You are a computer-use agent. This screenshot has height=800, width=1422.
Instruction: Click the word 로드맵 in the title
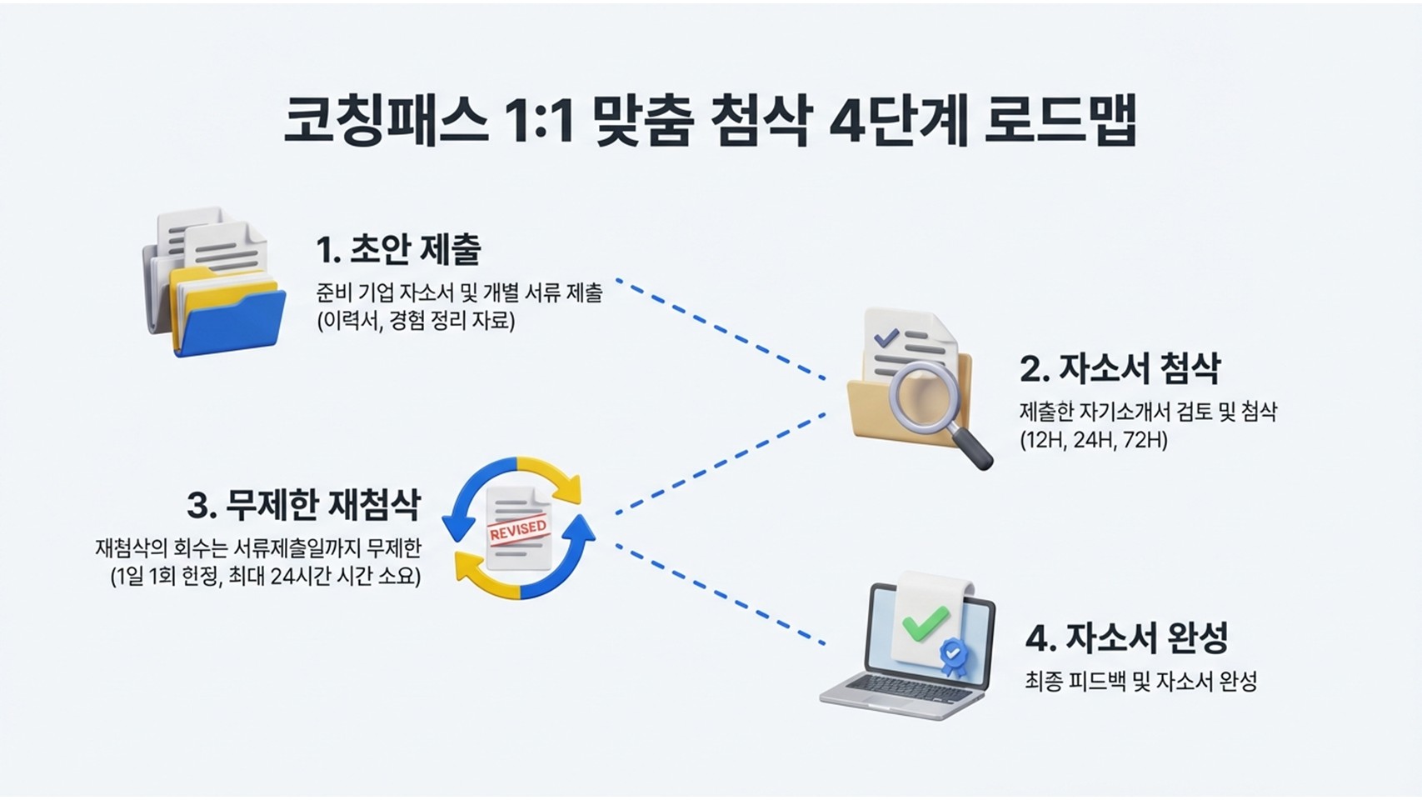coord(1060,122)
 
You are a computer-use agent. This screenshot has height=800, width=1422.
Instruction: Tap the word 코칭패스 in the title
coord(386,122)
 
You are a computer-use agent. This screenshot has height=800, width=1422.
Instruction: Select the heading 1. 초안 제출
coord(398,249)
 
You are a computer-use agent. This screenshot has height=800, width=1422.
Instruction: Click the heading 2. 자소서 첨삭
coord(1120,368)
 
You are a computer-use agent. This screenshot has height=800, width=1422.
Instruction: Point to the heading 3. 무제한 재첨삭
coord(303,505)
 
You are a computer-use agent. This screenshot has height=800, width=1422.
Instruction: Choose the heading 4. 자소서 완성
coord(1126,638)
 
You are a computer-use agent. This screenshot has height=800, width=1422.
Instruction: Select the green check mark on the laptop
coord(926,622)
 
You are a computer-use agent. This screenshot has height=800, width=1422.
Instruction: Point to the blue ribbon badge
coord(952,654)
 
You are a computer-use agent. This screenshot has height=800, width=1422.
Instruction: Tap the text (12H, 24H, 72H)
coord(1093,440)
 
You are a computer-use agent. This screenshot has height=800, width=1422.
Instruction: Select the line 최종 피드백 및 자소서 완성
coord(1140,682)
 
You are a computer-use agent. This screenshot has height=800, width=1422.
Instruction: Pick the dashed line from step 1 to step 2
coord(721,329)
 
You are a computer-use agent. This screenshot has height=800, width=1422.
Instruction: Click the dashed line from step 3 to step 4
coord(721,594)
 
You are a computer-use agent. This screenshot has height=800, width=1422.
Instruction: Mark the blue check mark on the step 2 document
coord(886,337)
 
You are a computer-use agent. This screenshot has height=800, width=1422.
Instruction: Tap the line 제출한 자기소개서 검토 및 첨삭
coord(1147,412)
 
